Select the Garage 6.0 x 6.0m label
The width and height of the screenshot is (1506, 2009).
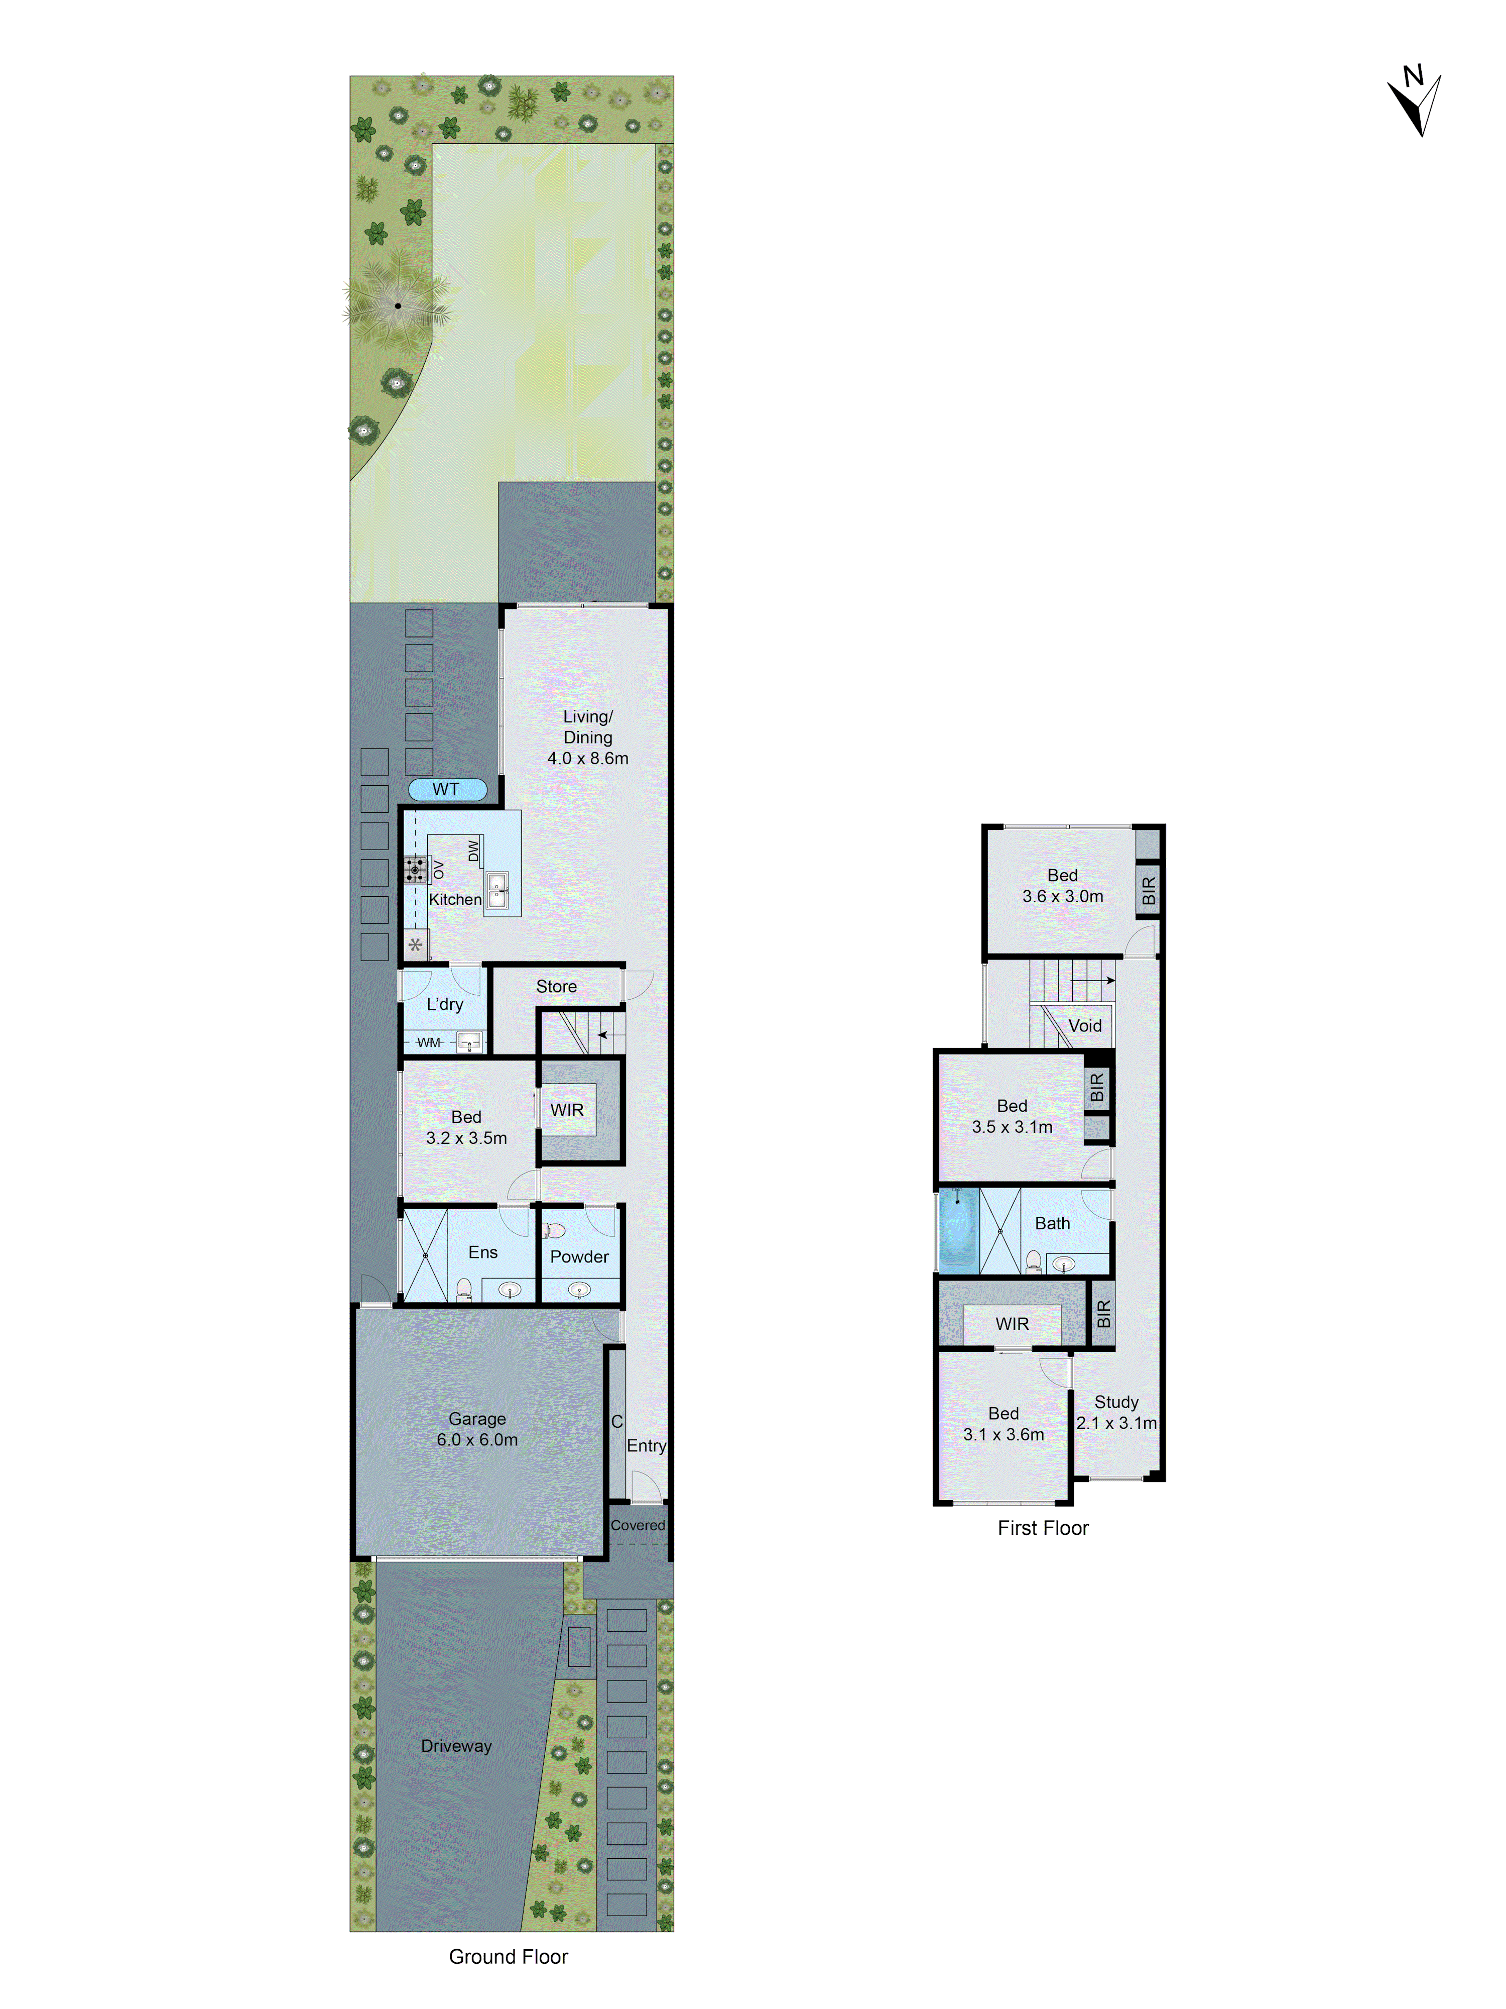476,1429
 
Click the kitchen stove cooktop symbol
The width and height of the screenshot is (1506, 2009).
416,870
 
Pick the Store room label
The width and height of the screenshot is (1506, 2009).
556,986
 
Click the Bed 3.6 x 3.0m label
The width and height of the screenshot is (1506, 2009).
1062,886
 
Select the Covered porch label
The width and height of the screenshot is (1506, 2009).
637,1525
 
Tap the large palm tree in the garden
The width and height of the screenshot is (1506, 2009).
397,304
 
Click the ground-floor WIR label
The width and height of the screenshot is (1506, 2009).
566,1110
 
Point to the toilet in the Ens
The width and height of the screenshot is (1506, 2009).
464,1289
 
